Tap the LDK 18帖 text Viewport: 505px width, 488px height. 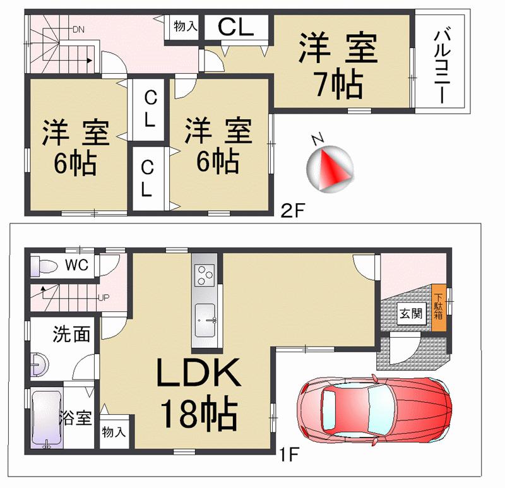coord(198,395)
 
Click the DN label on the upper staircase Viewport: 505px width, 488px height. coord(79,29)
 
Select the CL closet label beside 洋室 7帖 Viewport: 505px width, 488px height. coord(236,27)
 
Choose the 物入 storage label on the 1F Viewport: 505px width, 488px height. coord(115,432)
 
